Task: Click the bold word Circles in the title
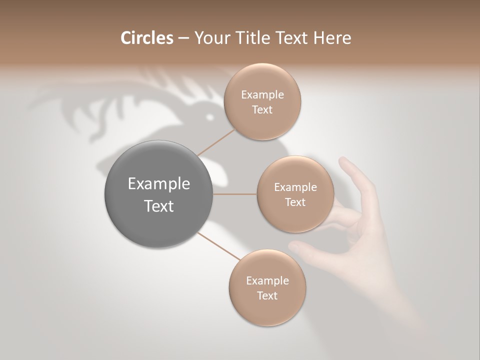point(147,38)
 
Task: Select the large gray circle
point(159,194)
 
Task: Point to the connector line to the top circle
point(216,142)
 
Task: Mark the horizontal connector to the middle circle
point(235,194)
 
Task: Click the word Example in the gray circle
point(159,184)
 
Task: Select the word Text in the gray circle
point(159,206)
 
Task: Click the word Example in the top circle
point(262,95)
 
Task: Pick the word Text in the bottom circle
point(267,296)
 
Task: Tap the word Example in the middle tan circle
point(295,187)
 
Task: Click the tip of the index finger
point(343,161)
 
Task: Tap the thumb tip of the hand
point(295,245)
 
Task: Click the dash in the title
point(183,38)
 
